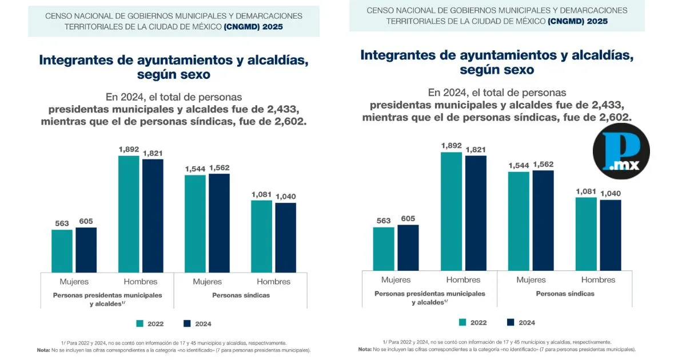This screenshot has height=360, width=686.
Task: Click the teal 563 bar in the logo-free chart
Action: tap(62, 251)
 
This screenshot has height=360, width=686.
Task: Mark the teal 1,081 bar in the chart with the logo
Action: tap(587, 234)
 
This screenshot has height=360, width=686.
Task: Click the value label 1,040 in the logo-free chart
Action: tap(286, 197)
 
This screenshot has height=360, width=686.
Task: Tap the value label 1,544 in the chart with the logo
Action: tap(518, 165)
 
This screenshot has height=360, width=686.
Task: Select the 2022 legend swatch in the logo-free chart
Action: tap(139, 324)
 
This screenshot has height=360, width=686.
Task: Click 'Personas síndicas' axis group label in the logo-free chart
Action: tap(241, 295)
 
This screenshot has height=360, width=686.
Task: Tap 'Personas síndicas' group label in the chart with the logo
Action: tap(565, 294)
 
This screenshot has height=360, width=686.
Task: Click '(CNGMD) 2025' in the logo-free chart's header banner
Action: tap(253, 26)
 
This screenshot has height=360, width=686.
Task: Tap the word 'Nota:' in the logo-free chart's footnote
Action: tap(43, 350)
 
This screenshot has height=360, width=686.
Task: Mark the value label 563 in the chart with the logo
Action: tap(384, 220)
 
